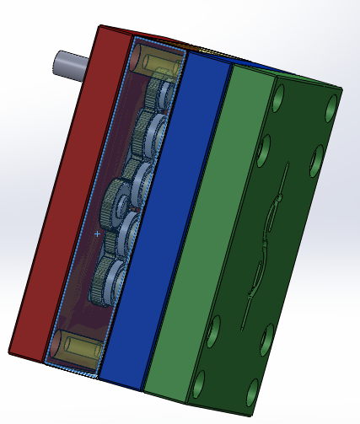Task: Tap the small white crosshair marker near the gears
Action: point(98,233)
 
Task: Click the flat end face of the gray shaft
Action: point(57,62)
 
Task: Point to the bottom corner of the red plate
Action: point(13,352)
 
